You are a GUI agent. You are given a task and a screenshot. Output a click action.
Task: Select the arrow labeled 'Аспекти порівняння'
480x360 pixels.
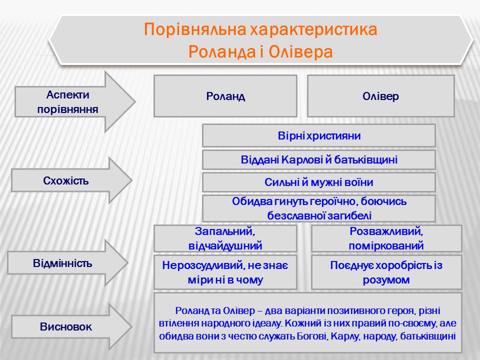[67, 101]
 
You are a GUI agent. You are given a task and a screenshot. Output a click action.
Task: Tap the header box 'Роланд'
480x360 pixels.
[225, 96]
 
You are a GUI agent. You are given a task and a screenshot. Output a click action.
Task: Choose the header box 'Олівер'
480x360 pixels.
[380, 96]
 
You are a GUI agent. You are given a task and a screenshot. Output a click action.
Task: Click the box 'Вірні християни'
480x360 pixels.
[319, 136]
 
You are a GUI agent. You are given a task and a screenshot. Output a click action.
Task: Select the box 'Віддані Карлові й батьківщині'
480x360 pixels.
[319, 160]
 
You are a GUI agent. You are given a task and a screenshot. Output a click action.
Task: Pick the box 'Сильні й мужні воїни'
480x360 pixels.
[319, 182]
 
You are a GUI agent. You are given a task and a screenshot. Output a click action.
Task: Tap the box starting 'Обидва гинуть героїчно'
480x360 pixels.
[319, 208]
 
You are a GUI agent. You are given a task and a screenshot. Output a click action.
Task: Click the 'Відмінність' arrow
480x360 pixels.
[62, 263]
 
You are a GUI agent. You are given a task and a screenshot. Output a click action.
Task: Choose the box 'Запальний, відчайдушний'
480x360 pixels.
[225, 238]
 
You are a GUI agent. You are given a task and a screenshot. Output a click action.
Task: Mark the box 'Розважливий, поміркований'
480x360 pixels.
[386, 238]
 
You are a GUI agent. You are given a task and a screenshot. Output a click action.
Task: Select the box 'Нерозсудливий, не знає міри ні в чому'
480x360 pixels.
[225, 272]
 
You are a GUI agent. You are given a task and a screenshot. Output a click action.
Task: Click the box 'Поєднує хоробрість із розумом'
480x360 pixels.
[386, 272]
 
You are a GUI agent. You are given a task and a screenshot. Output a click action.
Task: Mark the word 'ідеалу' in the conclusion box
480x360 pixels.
[267, 323]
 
